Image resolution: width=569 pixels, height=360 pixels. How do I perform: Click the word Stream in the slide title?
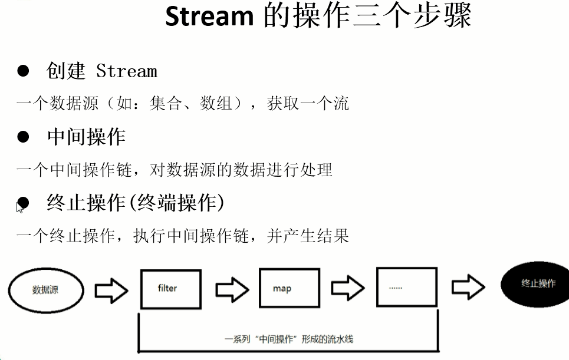pos(209,16)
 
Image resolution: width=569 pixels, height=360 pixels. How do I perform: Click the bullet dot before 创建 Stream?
pos(23,71)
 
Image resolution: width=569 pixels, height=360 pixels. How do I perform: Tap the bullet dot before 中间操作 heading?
pos(23,137)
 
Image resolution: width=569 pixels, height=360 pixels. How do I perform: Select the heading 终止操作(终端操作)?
pos(136,203)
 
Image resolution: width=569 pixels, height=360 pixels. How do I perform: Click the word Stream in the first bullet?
pos(127,72)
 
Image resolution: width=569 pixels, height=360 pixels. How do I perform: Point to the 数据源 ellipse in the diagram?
pos(45,290)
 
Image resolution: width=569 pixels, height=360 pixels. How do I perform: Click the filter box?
pos(170,289)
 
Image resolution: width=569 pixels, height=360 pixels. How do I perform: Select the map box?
pos(290,289)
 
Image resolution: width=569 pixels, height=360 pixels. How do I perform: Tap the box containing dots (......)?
pos(407,288)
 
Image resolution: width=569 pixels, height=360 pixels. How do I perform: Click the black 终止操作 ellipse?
pos(537,284)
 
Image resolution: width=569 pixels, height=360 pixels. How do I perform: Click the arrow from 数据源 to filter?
pos(111,289)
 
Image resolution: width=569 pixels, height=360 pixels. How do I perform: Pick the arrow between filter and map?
pos(232,289)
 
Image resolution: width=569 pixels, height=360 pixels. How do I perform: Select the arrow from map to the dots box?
pos(348,289)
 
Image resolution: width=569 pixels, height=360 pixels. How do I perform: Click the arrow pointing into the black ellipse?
pos(468,288)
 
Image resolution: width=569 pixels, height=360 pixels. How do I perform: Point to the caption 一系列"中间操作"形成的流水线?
pos(289,339)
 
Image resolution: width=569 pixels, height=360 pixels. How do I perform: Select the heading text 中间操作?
pos(86,137)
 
